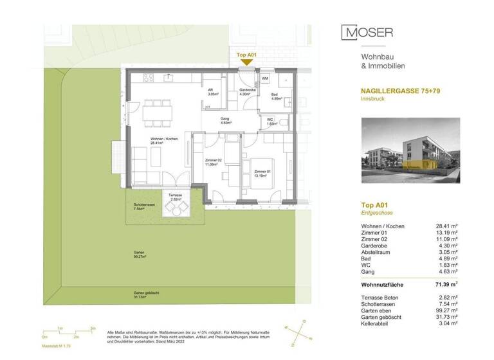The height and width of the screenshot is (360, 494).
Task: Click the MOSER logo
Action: point(367,32)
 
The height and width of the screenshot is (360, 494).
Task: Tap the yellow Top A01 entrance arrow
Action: point(247,62)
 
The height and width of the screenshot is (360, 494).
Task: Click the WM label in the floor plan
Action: point(265,79)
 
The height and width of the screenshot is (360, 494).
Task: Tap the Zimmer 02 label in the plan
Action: point(213,161)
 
